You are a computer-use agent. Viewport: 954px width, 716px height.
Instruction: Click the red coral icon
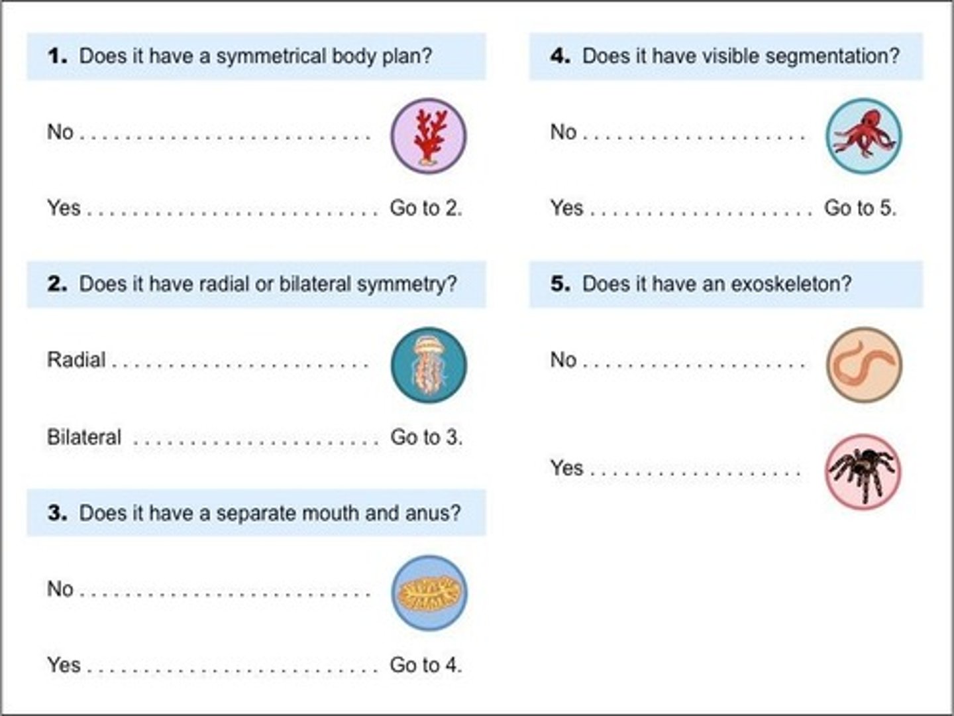coord(429,136)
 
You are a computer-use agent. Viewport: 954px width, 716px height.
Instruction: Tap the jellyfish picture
coord(429,365)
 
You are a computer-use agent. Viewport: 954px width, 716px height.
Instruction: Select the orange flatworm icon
coord(429,593)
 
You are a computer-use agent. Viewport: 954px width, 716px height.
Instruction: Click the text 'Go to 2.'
coord(426,208)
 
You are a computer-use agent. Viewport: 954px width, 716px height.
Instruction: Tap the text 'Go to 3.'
coord(426,437)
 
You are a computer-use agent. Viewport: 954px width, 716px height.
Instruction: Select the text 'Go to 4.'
coord(426,665)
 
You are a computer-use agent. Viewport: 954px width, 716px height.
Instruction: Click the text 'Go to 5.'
coord(860,208)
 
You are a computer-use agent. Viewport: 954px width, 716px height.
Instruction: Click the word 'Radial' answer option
coord(76,360)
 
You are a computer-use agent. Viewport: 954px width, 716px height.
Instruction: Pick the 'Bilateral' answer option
coord(84,437)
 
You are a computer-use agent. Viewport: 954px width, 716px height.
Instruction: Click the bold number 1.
coord(57,56)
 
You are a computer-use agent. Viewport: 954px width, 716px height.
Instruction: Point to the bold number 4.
coord(560,56)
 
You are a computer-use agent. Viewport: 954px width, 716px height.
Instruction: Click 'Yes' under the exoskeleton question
coord(566,468)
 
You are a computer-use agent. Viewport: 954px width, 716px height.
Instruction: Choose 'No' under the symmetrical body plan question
coord(60,132)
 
